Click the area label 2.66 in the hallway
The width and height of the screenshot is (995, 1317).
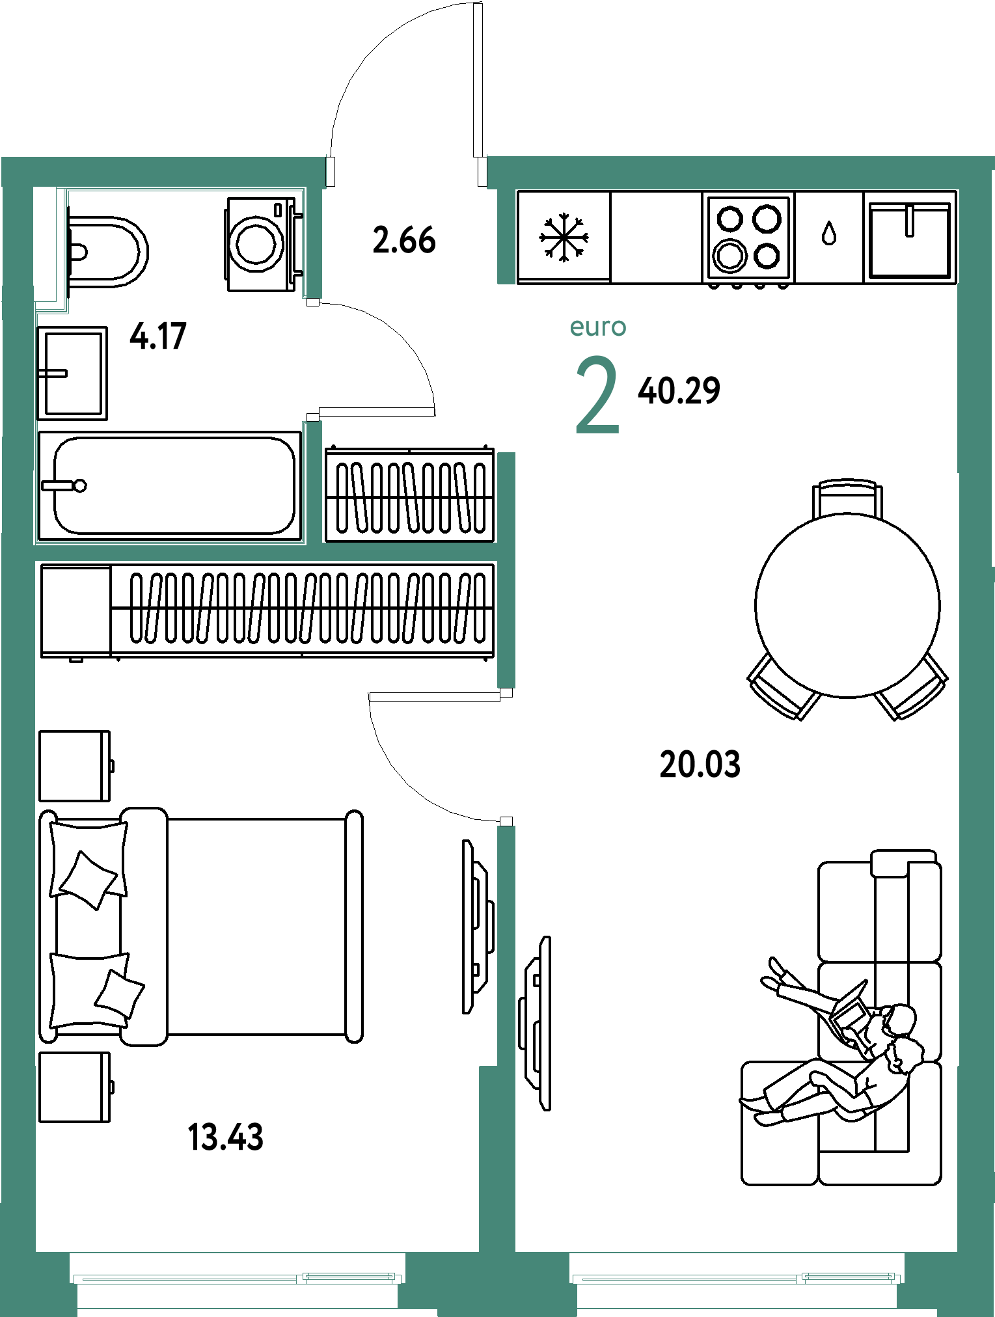point(404,240)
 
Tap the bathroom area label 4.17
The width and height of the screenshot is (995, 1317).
point(158,336)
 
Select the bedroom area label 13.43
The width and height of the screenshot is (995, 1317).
point(225,1137)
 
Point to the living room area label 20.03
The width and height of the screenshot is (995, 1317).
point(700,764)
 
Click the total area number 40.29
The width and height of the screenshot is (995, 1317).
point(679,391)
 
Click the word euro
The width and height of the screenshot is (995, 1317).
point(598,327)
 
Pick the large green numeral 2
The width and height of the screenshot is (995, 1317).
point(597,395)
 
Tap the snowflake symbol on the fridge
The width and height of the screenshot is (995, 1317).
point(564,238)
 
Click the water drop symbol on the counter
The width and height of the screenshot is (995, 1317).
point(828,233)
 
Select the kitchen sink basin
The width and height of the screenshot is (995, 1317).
point(910,240)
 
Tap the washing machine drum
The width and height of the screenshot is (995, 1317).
point(257,244)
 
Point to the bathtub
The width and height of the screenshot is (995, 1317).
point(170,485)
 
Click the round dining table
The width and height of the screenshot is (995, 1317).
point(847,606)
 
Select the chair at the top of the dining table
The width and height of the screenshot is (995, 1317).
point(847,498)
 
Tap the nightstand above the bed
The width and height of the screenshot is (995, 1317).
point(75,766)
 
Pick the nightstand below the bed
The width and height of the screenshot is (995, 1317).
point(75,1087)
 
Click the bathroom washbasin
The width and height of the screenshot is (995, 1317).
point(72,373)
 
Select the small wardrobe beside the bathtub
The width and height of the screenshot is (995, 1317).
point(410,495)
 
